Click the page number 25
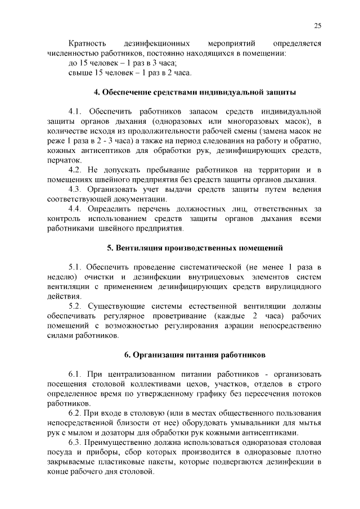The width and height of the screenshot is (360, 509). click(317, 26)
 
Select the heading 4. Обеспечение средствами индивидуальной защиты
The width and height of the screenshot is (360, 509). click(195, 92)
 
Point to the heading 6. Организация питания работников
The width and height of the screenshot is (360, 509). click(195, 355)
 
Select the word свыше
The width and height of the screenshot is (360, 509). click(79, 73)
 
